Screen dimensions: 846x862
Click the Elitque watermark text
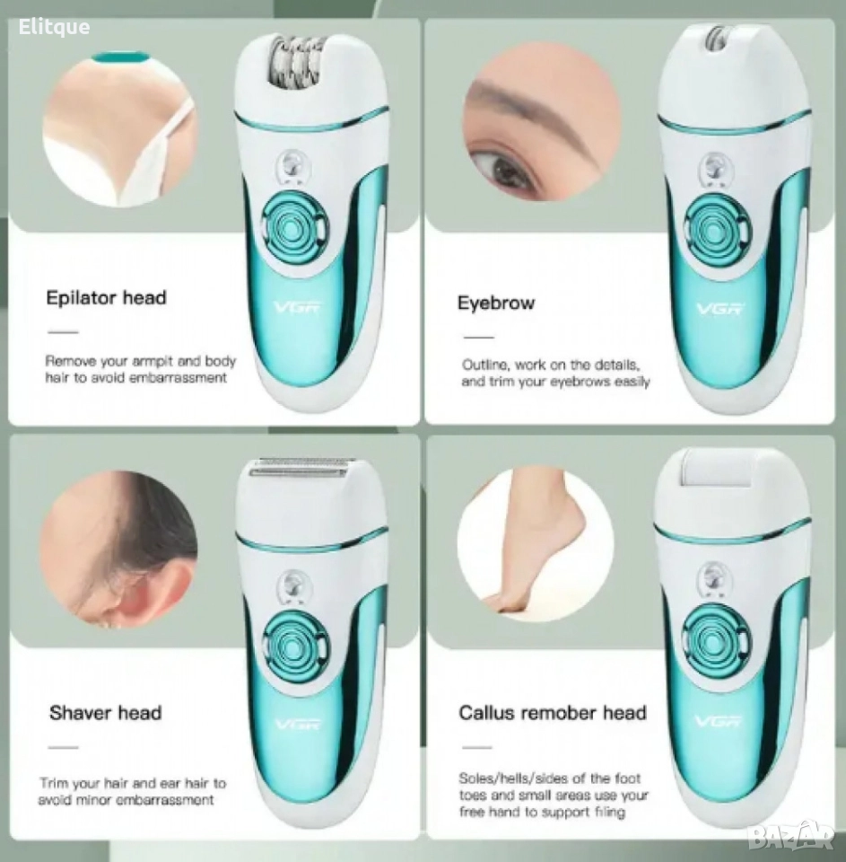coord(54,26)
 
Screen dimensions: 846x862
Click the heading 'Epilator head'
coord(106,298)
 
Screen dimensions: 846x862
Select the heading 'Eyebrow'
coord(496,303)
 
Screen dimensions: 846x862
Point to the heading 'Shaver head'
coord(106,712)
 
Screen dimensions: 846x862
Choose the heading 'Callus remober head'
coord(553,712)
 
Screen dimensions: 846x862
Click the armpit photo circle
coord(120,128)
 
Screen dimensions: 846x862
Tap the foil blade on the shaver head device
coord(300,469)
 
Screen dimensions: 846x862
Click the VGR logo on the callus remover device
coord(718,721)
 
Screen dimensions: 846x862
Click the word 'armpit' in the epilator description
coord(153,362)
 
